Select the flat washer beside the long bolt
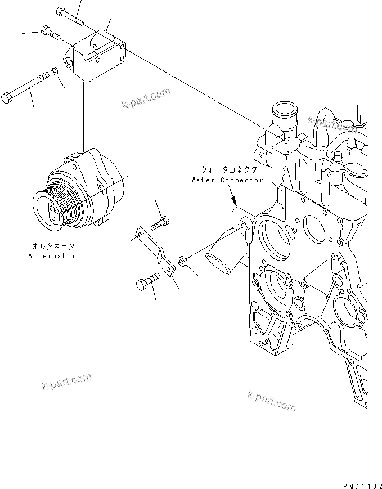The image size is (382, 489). pyautogui.click(x=55, y=70)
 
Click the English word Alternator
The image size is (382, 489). pyautogui.click(x=52, y=255)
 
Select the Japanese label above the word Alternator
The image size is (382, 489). pyautogui.click(x=52, y=246)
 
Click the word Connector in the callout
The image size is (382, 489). pyautogui.click(x=241, y=180)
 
